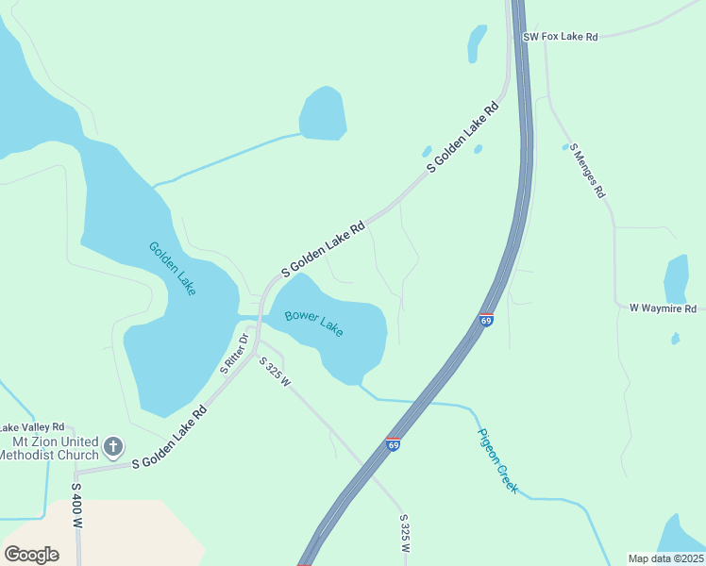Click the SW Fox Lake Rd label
pos(562,37)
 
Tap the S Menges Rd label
pos(588,169)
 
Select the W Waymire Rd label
pos(663,308)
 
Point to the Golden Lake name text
pos(173,268)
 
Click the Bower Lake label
pos(314,324)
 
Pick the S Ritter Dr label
pos(235,354)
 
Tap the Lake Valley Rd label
pos(32,427)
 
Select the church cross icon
pos(113,445)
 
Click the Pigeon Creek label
pos(497,460)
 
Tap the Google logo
pos(31,554)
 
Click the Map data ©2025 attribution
pos(665,558)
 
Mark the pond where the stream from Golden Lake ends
pos(323,113)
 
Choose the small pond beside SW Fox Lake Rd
pos(477,42)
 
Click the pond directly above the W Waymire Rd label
pos(677,279)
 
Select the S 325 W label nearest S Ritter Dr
pos(275,372)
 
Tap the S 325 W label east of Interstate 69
pos(405,533)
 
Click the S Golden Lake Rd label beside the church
pos(169,438)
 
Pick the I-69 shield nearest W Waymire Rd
pos(486,320)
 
